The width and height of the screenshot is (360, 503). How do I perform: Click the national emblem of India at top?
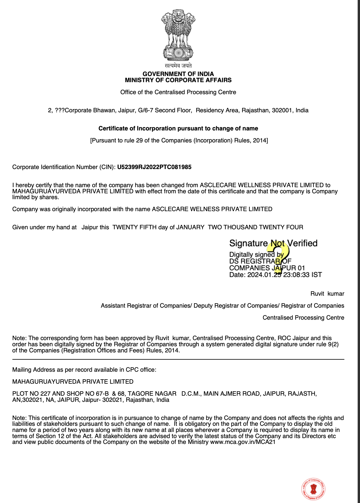[178, 35]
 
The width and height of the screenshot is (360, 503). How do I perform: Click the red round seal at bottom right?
[314, 489]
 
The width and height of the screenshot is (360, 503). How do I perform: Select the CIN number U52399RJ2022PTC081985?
[154, 167]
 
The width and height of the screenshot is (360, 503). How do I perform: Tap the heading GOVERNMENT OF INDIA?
[178, 74]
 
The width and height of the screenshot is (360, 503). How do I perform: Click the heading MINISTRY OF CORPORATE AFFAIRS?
[178, 80]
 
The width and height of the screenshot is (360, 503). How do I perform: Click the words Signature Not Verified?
[273, 243]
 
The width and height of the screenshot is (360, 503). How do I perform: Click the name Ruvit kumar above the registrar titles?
[327, 294]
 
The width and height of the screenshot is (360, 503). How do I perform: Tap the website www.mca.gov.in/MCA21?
[243, 442]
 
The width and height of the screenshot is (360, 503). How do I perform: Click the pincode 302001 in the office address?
[282, 111]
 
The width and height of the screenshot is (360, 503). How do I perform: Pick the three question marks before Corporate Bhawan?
[60, 111]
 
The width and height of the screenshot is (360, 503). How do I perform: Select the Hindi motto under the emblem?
[178, 66]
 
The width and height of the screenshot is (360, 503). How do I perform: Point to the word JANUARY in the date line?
[190, 227]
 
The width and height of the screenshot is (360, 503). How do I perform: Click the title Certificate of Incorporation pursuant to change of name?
[178, 128]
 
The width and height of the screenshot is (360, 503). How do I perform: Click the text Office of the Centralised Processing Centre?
[178, 92]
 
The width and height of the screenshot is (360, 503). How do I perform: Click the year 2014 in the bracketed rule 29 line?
[259, 141]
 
